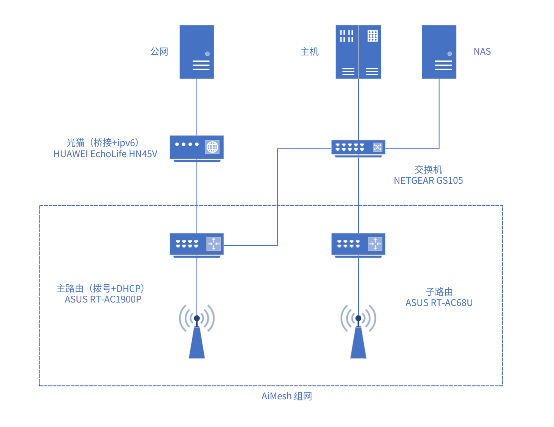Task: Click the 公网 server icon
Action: [197, 52]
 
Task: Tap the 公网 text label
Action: [159, 52]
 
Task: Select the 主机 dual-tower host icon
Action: [358, 52]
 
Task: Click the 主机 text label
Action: [309, 52]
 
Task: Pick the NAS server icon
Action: [439, 52]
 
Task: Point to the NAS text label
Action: [482, 52]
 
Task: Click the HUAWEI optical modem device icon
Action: [196, 148]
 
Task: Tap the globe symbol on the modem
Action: [212, 147]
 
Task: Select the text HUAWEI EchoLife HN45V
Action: [105, 154]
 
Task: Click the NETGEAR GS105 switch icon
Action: [358, 148]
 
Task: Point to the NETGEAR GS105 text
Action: [428, 181]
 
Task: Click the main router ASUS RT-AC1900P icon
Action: [196, 244]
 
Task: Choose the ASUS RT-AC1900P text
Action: [103, 299]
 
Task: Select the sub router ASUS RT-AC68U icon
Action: [358, 244]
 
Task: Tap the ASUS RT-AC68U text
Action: [439, 303]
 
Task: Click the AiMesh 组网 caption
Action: [286, 396]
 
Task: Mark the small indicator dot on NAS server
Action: [450, 54]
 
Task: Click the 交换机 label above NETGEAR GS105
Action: [428, 170]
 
